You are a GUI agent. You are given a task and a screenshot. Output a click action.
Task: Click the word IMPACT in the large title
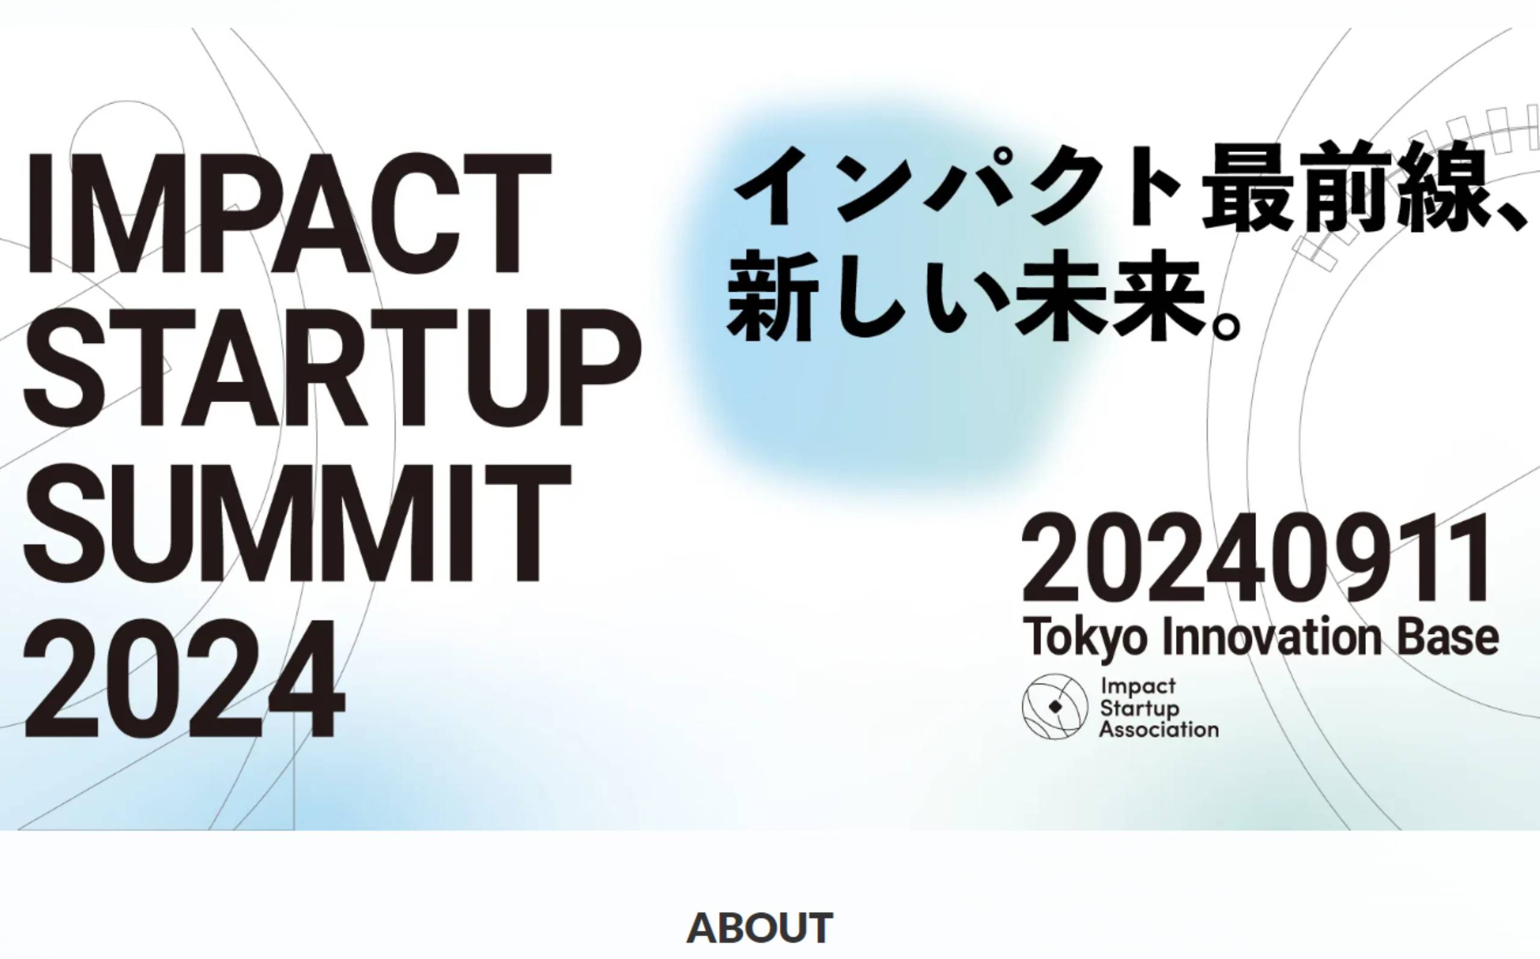tap(289, 213)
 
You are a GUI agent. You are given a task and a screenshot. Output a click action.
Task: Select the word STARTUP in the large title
tap(332, 368)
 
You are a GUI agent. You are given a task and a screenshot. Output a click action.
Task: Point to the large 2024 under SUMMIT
tap(184, 678)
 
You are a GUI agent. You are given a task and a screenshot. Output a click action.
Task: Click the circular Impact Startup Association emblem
tap(1055, 706)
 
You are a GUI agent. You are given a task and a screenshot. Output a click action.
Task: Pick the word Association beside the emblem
tap(1160, 729)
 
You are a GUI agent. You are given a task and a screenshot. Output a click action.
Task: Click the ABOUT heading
tap(760, 927)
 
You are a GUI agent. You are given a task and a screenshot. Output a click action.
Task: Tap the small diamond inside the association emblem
tap(1055, 706)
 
